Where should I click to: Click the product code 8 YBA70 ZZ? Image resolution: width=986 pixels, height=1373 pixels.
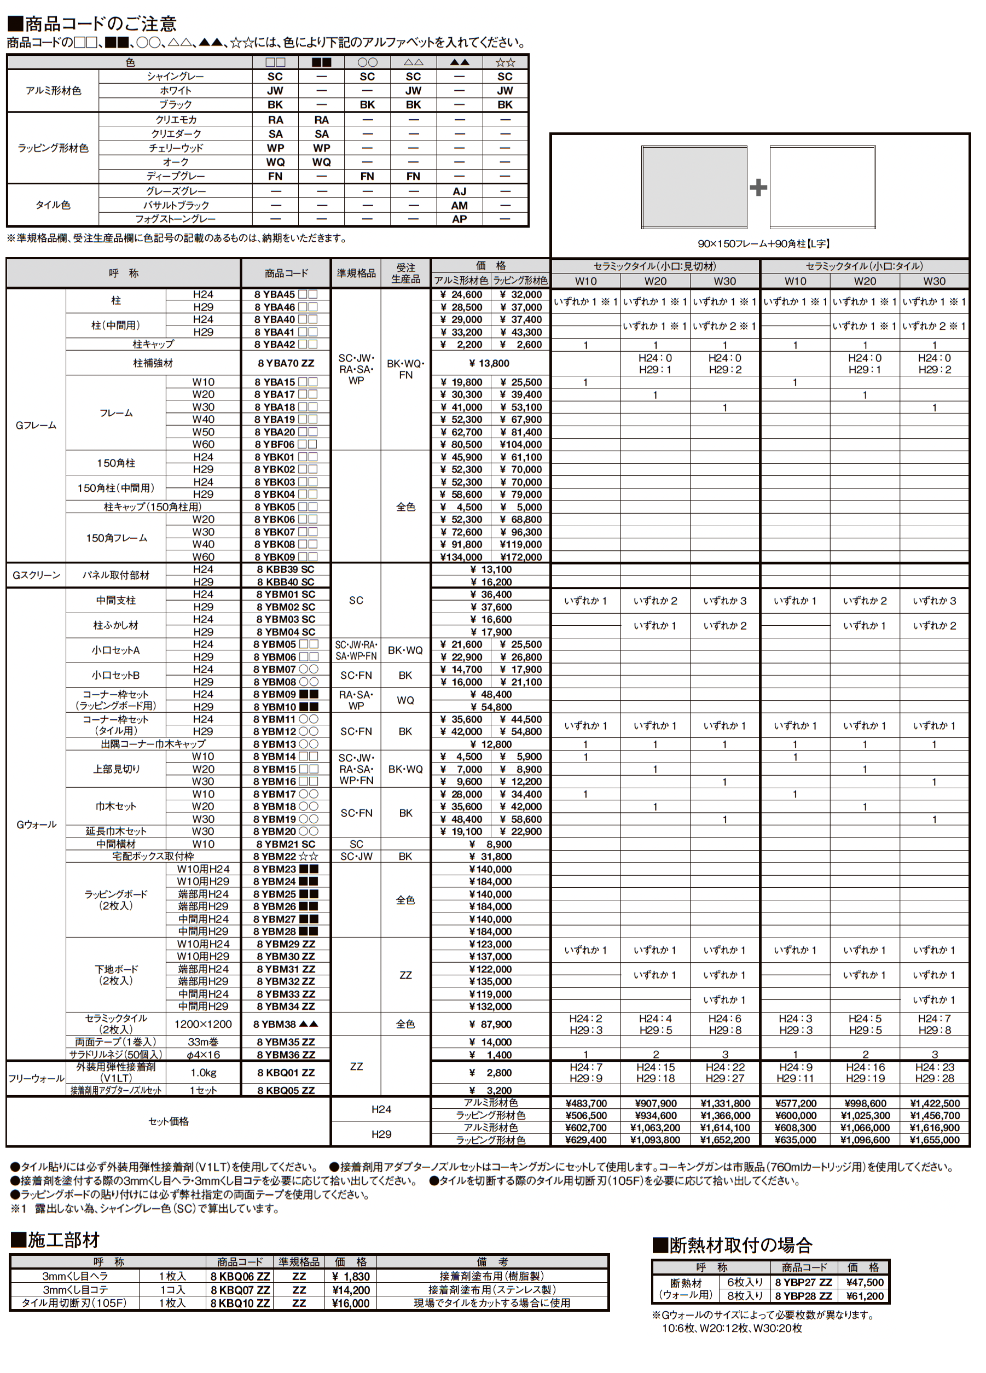286,363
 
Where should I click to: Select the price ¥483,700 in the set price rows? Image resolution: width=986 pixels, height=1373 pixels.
585,1103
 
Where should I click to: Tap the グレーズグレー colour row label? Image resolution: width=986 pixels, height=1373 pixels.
176,191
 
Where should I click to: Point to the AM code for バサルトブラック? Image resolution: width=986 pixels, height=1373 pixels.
459,205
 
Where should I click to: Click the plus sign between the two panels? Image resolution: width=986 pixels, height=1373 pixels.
758,187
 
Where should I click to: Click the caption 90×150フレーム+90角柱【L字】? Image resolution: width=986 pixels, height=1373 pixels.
763,244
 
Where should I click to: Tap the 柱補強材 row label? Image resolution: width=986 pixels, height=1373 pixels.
153,363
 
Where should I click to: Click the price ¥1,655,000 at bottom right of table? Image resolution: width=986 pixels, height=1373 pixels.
934,1140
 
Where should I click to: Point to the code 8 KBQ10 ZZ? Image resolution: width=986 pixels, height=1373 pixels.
240,1303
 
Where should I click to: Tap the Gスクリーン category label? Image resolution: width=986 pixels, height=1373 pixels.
36,575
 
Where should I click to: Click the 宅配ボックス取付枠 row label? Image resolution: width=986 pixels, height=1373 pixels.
153,856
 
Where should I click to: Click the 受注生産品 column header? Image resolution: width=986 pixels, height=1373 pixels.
406,273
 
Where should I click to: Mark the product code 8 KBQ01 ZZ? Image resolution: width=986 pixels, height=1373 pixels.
286,1073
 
